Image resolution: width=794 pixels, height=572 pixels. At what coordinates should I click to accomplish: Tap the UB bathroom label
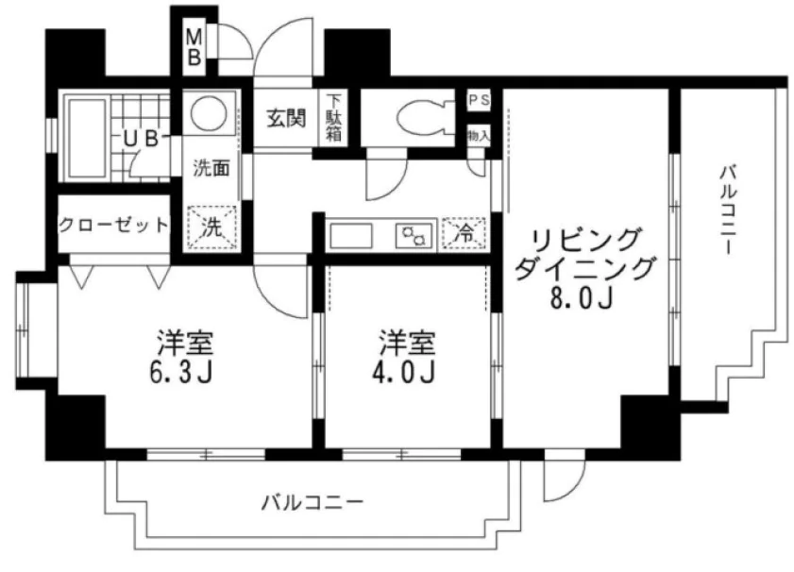(x=139, y=140)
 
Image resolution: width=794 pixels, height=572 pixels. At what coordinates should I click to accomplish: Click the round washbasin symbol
(x=208, y=116)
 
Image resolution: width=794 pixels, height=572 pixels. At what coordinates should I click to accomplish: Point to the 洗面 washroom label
(x=211, y=170)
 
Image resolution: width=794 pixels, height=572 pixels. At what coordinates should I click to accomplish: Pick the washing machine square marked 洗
(x=211, y=227)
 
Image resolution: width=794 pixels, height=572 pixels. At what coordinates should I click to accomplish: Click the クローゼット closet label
(x=113, y=226)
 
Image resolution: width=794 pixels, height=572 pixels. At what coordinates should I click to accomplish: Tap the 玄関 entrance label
(x=284, y=120)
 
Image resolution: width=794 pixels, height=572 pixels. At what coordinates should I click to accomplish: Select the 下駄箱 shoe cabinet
(x=333, y=118)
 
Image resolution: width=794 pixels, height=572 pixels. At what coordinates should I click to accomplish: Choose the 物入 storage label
(x=479, y=135)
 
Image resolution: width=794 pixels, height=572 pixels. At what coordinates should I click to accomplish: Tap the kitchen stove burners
(x=414, y=233)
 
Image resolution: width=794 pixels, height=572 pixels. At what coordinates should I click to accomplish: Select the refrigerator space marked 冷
(x=464, y=232)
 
